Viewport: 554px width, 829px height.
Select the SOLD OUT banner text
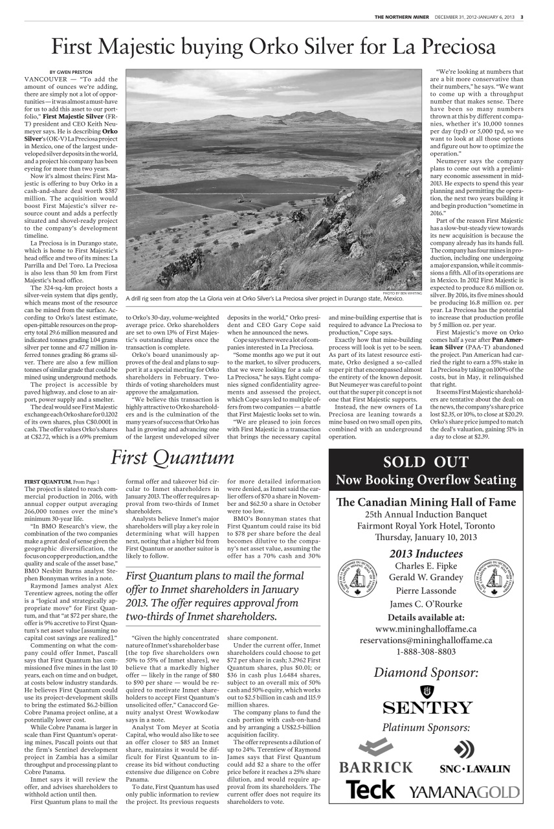[426, 462]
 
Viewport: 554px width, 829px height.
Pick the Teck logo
[370, 789]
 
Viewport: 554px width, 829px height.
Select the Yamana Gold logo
[464, 791]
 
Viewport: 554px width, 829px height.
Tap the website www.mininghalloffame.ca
[426, 628]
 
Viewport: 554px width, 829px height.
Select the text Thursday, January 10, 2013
[426, 537]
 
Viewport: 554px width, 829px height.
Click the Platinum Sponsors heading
[426, 727]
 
